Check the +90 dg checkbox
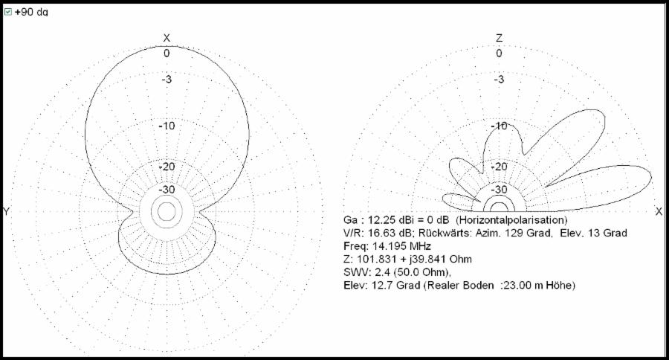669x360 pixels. click(x=7, y=12)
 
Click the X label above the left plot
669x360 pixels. click(x=167, y=38)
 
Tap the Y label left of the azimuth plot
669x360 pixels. click(x=6, y=211)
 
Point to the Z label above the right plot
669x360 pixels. click(x=500, y=38)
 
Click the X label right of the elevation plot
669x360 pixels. click(x=659, y=211)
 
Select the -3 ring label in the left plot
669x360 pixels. click(x=167, y=80)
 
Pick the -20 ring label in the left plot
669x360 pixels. click(x=167, y=167)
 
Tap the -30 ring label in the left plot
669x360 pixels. click(x=167, y=189)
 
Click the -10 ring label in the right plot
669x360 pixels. click(x=500, y=126)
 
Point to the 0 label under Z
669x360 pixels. click(x=500, y=54)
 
